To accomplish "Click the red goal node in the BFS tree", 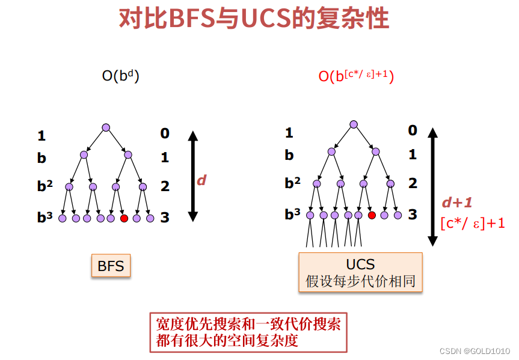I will pyautogui.click(x=124, y=218).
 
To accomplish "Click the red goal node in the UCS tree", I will pyautogui.click(x=372, y=215).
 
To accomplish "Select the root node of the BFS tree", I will pyautogui.click(x=106, y=127).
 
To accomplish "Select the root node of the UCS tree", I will pyautogui.click(x=354, y=124).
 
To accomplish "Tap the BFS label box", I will pyautogui.click(x=111, y=266).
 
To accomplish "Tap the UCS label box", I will pyautogui.click(x=360, y=272).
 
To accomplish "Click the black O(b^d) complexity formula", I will pyautogui.click(x=120, y=76).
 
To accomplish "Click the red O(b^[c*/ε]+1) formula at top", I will pyautogui.click(x=356, y=76).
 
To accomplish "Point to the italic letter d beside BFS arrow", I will pyautogui.click(x=201, y=180).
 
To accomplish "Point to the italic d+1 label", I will pyautogui.click(x=457, y=203).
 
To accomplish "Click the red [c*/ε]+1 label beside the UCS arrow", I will pyautogui.click(x=473, y=224).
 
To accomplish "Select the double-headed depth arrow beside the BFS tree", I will pyautogui.click(x=193, y=175).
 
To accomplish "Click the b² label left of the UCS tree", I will pyautogui.click(x=292, y=183).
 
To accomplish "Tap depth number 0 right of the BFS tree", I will pyautogui.click(x=165, y=133).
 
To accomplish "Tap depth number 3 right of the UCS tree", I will pyautogui.click(x=413, y=215).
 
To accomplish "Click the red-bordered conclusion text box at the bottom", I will pyautogui.click(x=248, y=332).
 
